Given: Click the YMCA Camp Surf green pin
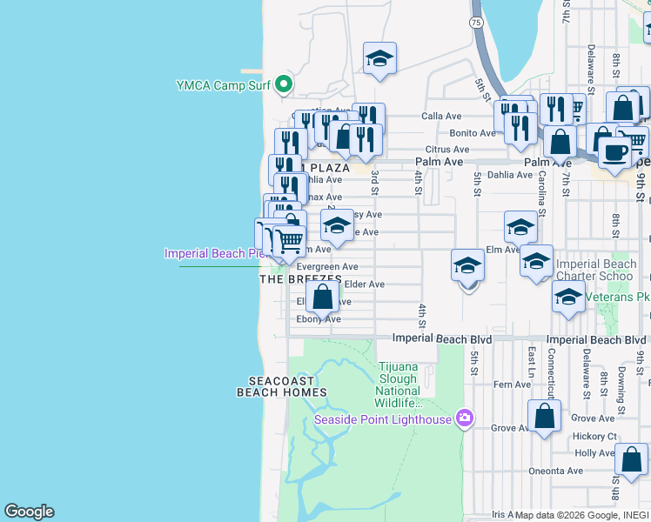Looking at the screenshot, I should tap(283, 85).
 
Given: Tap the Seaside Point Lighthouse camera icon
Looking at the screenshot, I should tap(464, 419).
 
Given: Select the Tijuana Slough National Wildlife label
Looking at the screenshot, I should tap(399, 385).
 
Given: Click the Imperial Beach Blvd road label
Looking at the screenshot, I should tap(442, 338).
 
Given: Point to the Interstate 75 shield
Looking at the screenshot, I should tap(475, 23).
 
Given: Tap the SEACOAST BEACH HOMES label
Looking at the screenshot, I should tap(282, 386).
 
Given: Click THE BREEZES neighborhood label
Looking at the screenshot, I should tap(300, 279).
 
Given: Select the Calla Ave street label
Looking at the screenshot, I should tap(440, 116).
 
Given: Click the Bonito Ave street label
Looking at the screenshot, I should tap(473, 133).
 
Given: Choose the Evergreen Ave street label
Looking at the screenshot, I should tap(327, 267).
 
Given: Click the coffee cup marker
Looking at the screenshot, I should tap(614, 152).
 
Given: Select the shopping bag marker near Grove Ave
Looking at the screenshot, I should tap(544, 416).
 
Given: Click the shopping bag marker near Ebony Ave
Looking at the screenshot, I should tap(322, 297).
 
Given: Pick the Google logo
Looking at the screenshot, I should tap(29, 512).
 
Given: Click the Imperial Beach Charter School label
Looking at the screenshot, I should tap(596, 270).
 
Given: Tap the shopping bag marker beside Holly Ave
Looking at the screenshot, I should tap(631, 459).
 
